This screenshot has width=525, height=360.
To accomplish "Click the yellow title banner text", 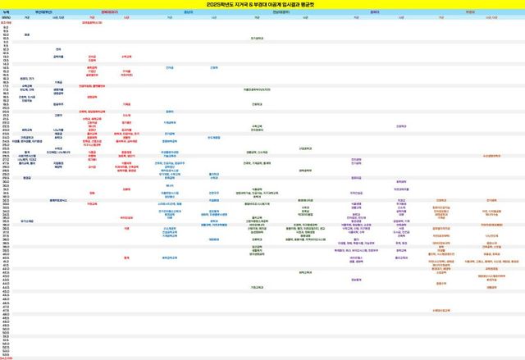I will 262,4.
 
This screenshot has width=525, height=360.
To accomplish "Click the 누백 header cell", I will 6,11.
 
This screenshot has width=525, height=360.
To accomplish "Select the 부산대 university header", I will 42,11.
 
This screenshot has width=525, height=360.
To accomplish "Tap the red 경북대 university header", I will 108,11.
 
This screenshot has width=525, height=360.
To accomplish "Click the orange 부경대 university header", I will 471,11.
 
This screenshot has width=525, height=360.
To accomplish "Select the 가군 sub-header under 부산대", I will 27,16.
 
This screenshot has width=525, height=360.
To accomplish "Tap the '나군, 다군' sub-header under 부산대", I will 58,16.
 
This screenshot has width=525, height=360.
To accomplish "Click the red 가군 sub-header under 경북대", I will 92,16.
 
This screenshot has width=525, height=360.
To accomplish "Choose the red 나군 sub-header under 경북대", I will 126,16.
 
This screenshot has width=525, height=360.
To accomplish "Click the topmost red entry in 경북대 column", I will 96,22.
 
